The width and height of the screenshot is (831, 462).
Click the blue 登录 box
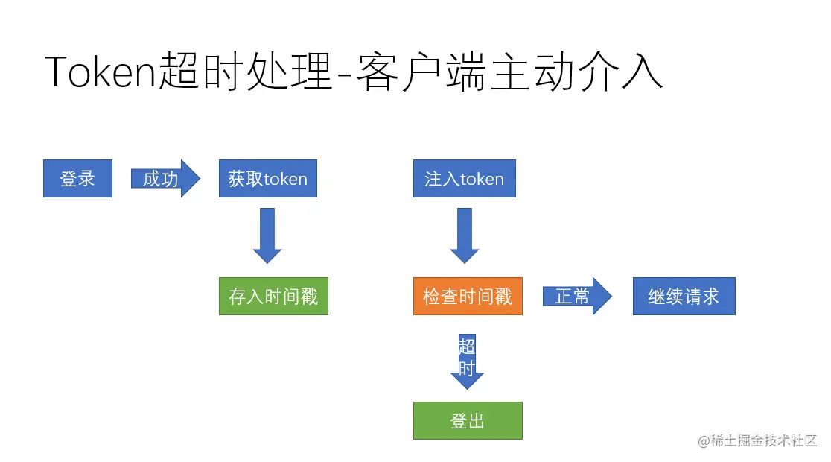pyautogui.click(x=77, y=179)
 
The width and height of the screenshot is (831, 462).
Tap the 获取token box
pyautogui.click(x=267, y=179)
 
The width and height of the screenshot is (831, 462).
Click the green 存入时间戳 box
pyautogui.click(x=273, y=297)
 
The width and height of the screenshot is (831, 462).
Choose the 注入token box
pyautogui.click(x=464, y=179)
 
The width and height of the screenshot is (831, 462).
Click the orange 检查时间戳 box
pyautogui.click(x=468, y=297)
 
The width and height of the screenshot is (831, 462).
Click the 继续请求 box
pyautogui.click(x=684, y=297)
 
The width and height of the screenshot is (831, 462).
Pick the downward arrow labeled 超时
pyautogui.click(x=467, y=362)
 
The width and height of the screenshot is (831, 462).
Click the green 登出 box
pyautogui.click(x=468, y=421)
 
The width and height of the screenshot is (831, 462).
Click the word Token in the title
pyautogui.click(x=101, y=72)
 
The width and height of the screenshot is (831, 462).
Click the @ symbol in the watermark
pyautogui.click(x=704, y=441)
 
